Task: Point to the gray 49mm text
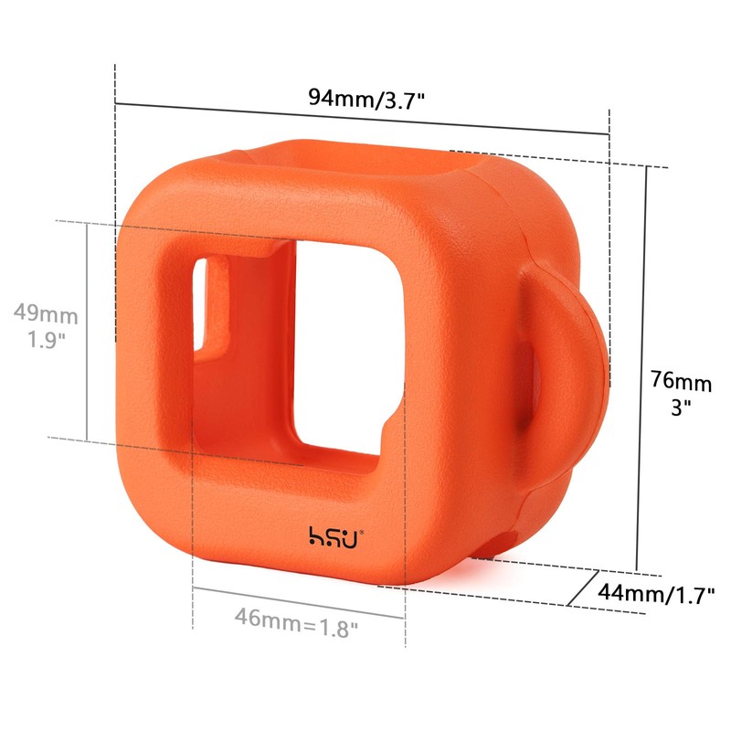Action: [46, 315]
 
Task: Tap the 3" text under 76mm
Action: [680, 408]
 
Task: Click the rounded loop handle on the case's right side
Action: [571, 365]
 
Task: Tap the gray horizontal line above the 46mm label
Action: [298, 591]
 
